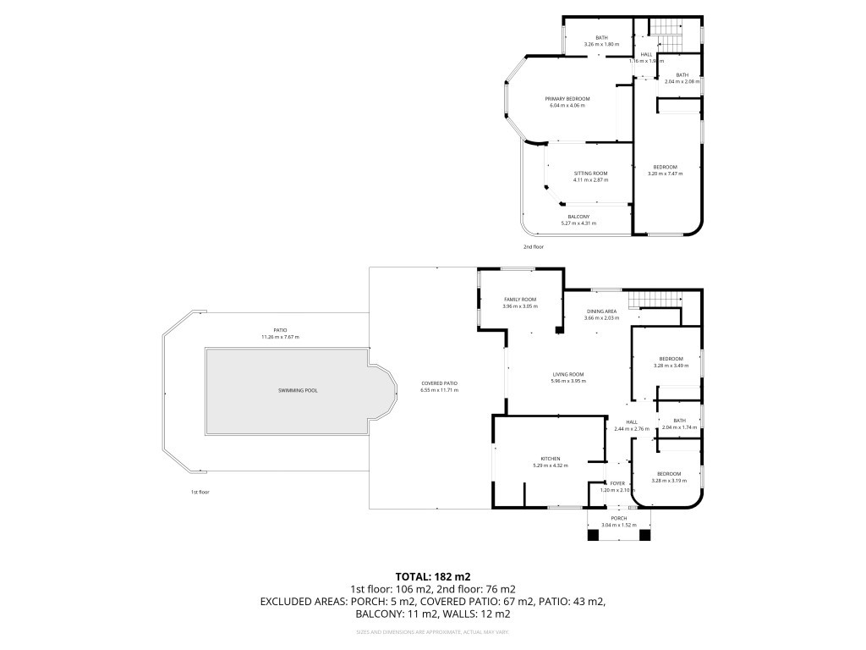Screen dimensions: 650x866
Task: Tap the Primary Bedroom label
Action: (567, 99)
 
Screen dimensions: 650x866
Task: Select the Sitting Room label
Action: (590, 174)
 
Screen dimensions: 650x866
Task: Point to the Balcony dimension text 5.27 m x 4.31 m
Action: (578, 223)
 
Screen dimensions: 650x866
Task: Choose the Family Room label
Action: (520, 300)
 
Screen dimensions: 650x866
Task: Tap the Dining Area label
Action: (602, 311)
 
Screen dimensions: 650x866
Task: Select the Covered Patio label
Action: (439, 383)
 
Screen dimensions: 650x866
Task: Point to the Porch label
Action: (619, 518)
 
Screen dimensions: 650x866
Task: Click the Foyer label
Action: (617, 483)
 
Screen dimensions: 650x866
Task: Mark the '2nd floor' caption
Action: (533, 246)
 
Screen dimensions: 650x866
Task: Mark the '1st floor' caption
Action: (199, 492)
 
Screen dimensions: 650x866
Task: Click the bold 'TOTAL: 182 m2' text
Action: (432, 576)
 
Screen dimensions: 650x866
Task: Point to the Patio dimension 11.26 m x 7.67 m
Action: (280, 337)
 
